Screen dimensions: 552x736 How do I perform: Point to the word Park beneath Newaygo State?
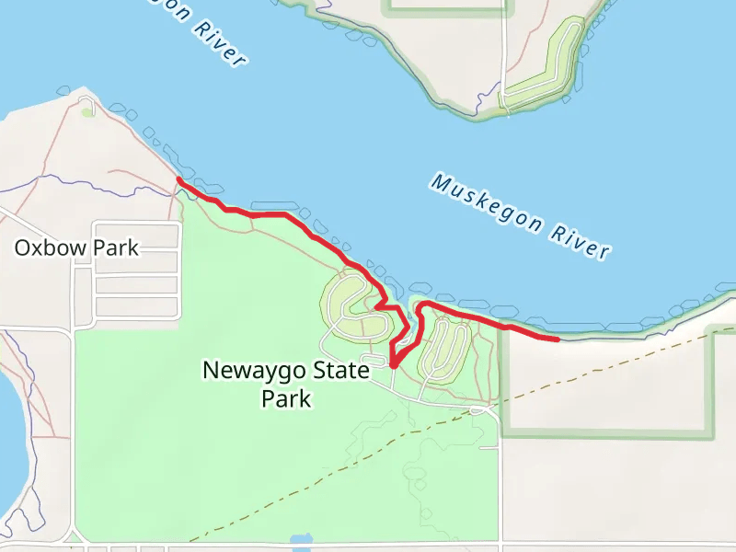286,399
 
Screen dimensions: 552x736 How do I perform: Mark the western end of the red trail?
178,181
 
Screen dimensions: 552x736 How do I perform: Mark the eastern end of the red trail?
558,339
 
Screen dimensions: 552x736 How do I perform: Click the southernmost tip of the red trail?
394,365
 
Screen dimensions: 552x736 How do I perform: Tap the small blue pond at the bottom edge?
302,541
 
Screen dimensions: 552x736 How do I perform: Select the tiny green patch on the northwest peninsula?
87,112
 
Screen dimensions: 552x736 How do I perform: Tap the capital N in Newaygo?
211,371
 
